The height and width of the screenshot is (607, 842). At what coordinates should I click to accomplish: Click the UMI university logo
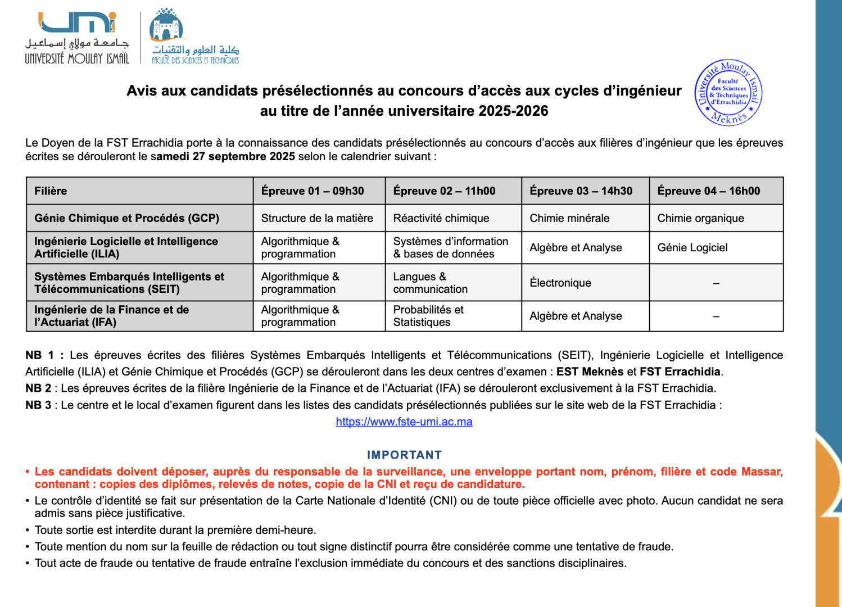(x=77, y=37)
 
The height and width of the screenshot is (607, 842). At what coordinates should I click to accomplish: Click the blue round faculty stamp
(x=728, y=92)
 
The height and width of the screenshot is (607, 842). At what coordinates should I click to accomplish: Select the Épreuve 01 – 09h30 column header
(x=313, y=191)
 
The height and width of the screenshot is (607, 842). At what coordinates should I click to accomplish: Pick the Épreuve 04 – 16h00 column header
(x=708, y=191)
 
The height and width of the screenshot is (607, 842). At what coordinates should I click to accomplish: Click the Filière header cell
(x=51, y=191)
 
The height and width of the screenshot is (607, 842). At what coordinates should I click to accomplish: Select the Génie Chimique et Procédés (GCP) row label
(x=126, y=218)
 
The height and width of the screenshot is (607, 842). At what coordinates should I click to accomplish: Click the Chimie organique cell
(x=700, y=218)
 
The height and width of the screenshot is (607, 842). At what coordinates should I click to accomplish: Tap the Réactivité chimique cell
(x=441, y=218)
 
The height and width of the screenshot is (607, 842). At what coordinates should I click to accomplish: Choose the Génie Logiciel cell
(x=692, y=247)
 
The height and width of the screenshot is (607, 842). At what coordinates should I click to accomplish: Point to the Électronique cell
(x=560, y=283)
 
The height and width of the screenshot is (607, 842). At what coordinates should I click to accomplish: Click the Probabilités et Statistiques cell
(x=428, y=316)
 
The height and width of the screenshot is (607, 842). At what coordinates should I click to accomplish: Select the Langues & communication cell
(x=430, y=283)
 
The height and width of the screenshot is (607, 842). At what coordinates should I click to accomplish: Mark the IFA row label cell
(x=111, y=316)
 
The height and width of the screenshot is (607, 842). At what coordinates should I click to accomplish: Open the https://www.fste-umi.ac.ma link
(x=404, y=422)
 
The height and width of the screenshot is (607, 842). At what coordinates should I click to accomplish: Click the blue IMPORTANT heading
(x=404, y=455)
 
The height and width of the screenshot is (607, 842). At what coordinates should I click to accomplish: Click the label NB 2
(x=38, y=388)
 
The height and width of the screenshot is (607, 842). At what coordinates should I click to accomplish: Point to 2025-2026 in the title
(x=513, y=111)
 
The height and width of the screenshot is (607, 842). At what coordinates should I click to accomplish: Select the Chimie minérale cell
(x=569, y=218)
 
